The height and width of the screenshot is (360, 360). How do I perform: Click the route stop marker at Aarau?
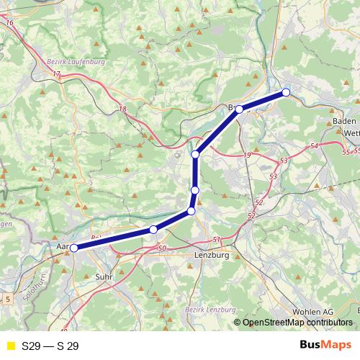[x=73, y=248]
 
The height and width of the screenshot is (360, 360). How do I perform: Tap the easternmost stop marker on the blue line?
[x=286, y=92]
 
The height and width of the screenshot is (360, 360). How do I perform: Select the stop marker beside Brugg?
[x=239, y=109]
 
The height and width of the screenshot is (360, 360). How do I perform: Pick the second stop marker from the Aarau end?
[x=153, y=230]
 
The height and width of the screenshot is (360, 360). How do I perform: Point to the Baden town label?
[x=345, y=122]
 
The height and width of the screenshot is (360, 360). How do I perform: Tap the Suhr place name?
[x=104, y=276]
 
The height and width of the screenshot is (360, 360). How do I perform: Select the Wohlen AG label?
[x=312, y=311]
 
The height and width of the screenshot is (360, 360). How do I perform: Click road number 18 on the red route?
[x=122, y=109]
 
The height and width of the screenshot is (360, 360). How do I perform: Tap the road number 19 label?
[x=247, y=155]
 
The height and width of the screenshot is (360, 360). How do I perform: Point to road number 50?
[x=161, y=248]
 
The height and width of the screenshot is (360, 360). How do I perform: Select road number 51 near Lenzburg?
[x=217, y=239]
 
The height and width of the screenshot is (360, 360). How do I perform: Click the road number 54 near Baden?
[x=313, y=146]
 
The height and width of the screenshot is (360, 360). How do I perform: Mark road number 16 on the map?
[x=9, y=23]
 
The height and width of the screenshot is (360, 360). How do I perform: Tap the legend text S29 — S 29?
[x=50, y=346]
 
